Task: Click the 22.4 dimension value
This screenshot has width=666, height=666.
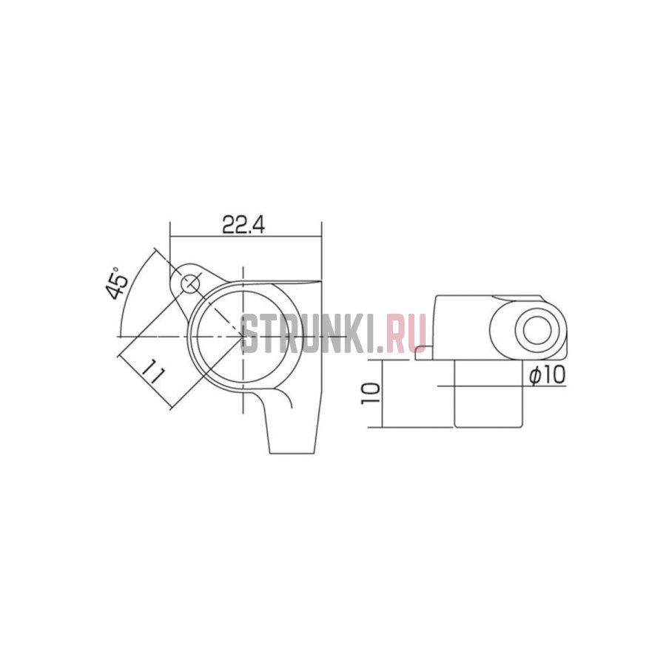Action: [x=243, y=225]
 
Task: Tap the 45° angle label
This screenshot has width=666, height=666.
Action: [x=117, y=283]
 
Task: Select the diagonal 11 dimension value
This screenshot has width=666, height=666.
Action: [x=152, y=371]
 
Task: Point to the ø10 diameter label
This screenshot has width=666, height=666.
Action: [x=548, y=375]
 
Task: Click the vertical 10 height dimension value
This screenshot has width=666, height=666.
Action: [x=371, y=393]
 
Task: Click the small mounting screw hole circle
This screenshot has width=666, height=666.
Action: [x=191, y=283]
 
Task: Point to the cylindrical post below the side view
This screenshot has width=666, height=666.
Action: [x=488, y=394]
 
